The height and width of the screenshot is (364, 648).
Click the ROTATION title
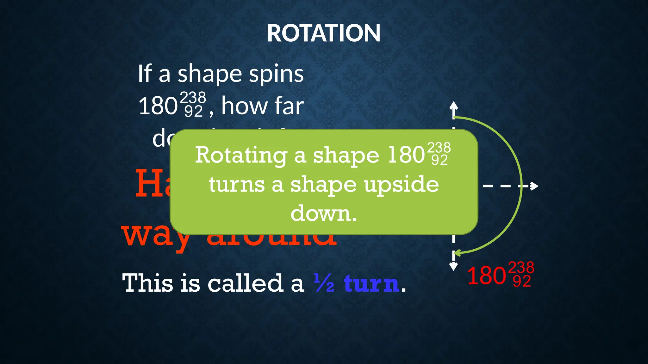coord(323,33)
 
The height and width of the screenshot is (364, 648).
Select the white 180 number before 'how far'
coord(158,106)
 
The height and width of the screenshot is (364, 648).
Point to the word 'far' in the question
coord(289,106)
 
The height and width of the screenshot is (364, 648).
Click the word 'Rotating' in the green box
coord(241,155)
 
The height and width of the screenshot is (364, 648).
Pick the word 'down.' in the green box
coord(323,213)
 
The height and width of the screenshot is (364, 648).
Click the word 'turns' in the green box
coord(237,185)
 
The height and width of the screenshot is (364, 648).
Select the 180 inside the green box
coord(406,155)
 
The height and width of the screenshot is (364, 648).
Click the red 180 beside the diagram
coord(486,276)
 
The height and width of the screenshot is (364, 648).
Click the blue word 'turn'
coord(371,283)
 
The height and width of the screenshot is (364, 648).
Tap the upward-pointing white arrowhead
coord(453,106)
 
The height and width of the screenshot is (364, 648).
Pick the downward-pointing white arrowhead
coord(453,267)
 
